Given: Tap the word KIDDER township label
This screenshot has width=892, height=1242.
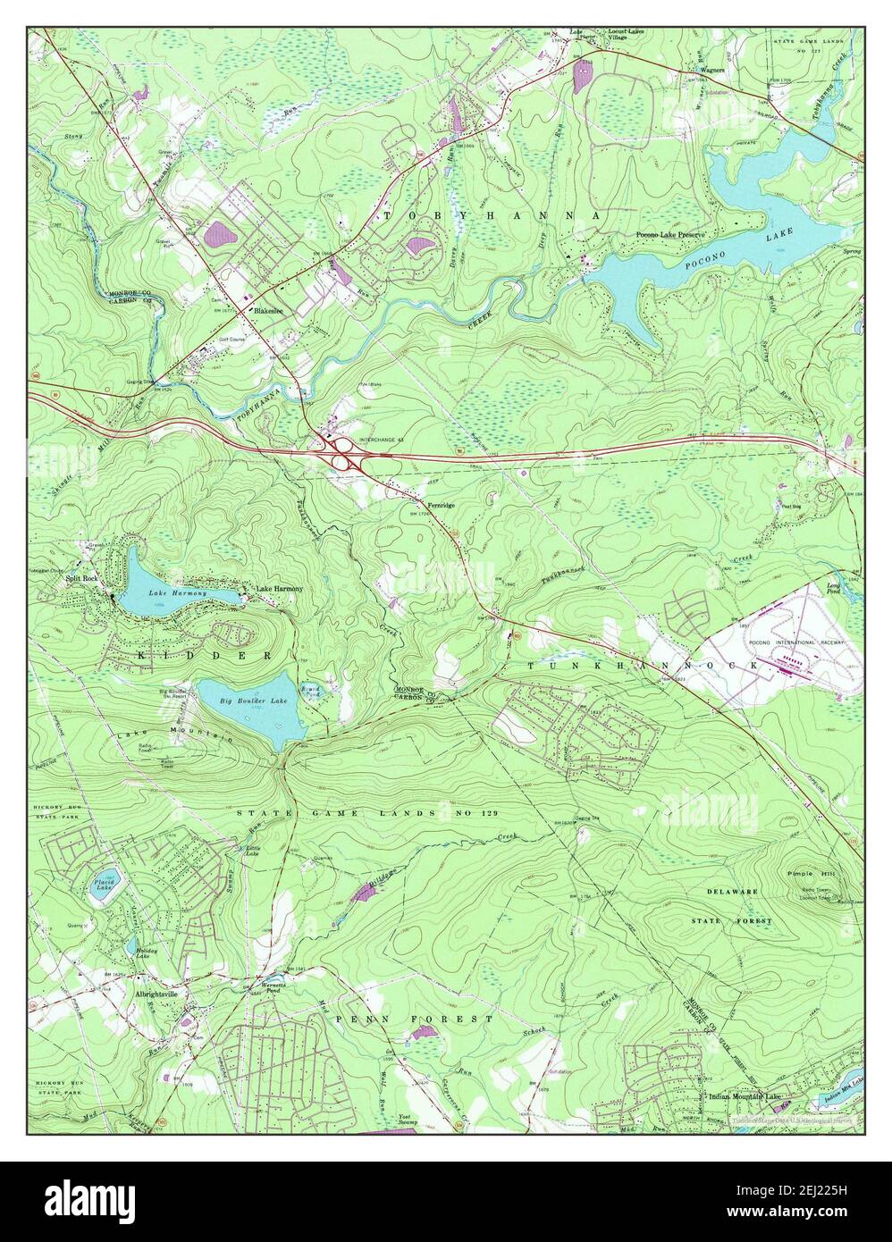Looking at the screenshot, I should (x=192, y=656).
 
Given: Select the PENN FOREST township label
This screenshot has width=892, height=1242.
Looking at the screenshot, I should (x=415, y=1019).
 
